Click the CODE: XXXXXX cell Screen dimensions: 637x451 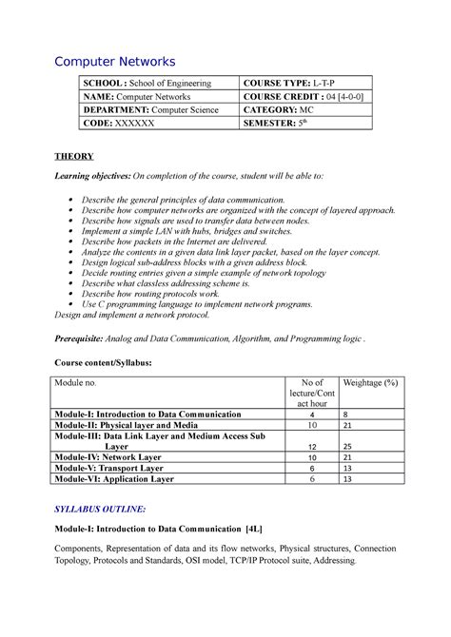(112, 124)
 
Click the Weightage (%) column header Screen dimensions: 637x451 (370, 382)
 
